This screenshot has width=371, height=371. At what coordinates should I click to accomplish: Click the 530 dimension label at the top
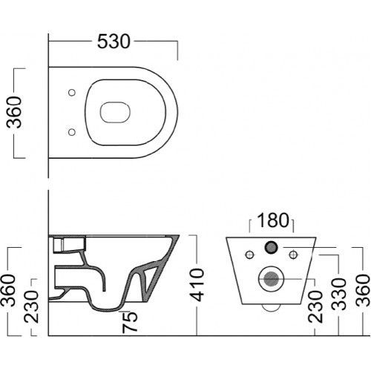point(114,42)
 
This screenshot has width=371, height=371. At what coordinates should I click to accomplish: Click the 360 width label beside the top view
point(14,113)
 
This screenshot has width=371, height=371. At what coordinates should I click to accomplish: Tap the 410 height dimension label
point(198,285)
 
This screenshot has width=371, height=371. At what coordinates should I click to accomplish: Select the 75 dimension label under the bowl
point(130,321)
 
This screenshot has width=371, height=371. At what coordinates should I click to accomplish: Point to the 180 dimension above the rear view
point(273,220)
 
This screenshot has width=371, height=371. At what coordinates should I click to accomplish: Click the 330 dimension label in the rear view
point(339,294)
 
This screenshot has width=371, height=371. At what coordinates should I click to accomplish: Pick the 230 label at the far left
point(32,306)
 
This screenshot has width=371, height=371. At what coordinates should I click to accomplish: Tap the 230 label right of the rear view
point(315,306)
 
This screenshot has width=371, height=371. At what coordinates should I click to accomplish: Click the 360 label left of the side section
point(8,290)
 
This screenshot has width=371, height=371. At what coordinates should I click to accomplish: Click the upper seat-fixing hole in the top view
point(72,93)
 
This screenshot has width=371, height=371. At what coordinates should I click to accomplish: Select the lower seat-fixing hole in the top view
point(72,132)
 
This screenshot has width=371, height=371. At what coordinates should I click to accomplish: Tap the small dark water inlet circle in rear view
point(272,247)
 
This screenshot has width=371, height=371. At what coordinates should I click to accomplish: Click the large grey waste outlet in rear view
point(272,279)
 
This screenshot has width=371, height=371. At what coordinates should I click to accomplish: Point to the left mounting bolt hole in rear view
point(249,255)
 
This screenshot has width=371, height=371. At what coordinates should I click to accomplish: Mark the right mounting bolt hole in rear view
point(293,255)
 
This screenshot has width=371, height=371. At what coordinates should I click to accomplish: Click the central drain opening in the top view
point(115,112)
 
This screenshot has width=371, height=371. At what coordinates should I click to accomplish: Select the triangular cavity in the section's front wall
point(150,280)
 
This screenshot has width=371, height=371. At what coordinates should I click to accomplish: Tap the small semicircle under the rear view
point(272,308)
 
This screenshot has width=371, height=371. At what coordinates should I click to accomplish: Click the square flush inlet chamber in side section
point(59,245)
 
